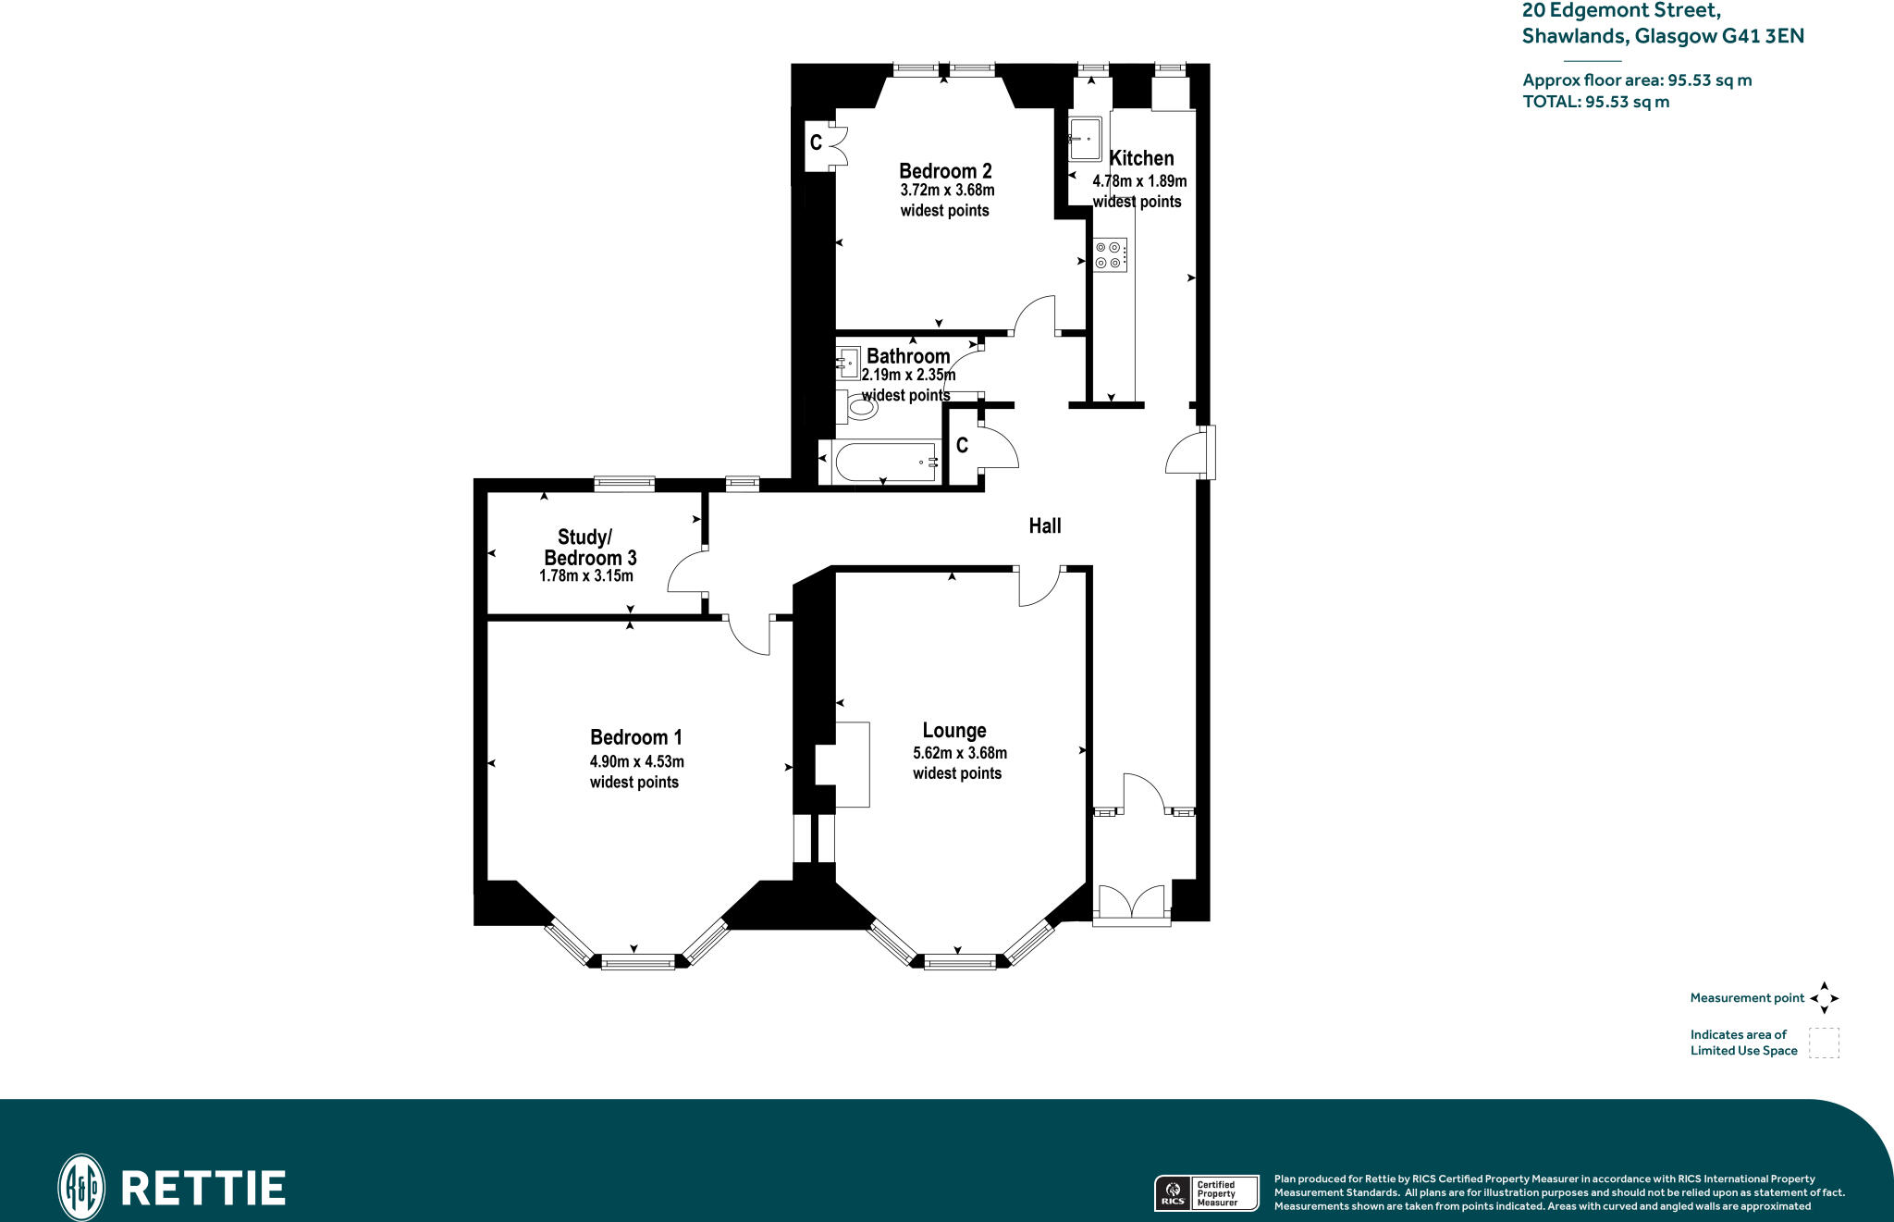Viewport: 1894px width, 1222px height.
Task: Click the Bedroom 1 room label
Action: coord(636,737)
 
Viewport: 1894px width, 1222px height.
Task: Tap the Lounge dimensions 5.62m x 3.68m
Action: coord(960,753)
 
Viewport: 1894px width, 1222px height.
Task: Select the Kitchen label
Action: coord(1141,158)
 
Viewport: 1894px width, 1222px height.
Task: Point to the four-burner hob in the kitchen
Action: coord(1110,255)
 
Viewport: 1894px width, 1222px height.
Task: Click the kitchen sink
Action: coord(1085,139)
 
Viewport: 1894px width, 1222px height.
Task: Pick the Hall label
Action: coord(1045,525)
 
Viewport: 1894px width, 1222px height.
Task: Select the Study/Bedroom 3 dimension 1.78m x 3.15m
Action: coord(586,575)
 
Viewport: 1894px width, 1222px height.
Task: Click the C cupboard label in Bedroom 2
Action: coord(816,142)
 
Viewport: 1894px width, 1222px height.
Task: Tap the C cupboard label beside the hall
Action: coord(962,446)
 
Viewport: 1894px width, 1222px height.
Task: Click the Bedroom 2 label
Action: coord(945,171)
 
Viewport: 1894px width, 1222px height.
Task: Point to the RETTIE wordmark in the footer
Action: coord(203,1189)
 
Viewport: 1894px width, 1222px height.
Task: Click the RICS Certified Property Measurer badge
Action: coord(1207,1192)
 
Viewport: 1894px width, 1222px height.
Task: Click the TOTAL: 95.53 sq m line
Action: coord(1596,102)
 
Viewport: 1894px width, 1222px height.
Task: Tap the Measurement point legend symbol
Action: coord(1825,998)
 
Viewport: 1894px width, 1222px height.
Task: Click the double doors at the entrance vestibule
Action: coord(1131,903)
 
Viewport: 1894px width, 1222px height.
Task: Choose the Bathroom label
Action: coord(908,356)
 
